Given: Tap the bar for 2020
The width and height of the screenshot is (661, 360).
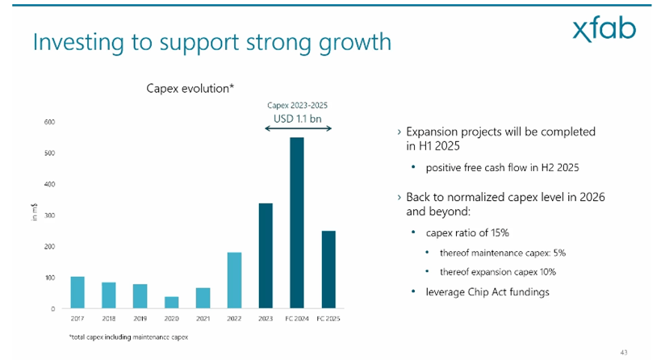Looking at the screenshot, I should pyautogui.click(x=171, y=302).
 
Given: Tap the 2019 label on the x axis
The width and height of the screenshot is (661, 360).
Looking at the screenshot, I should pyautogui.click(x=139, y=319).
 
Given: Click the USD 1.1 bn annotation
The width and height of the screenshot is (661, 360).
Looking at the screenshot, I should pyautogui.click(x=298, y=118).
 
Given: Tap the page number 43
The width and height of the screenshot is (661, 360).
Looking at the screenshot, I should pyautogui.click(x=623, y=351).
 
